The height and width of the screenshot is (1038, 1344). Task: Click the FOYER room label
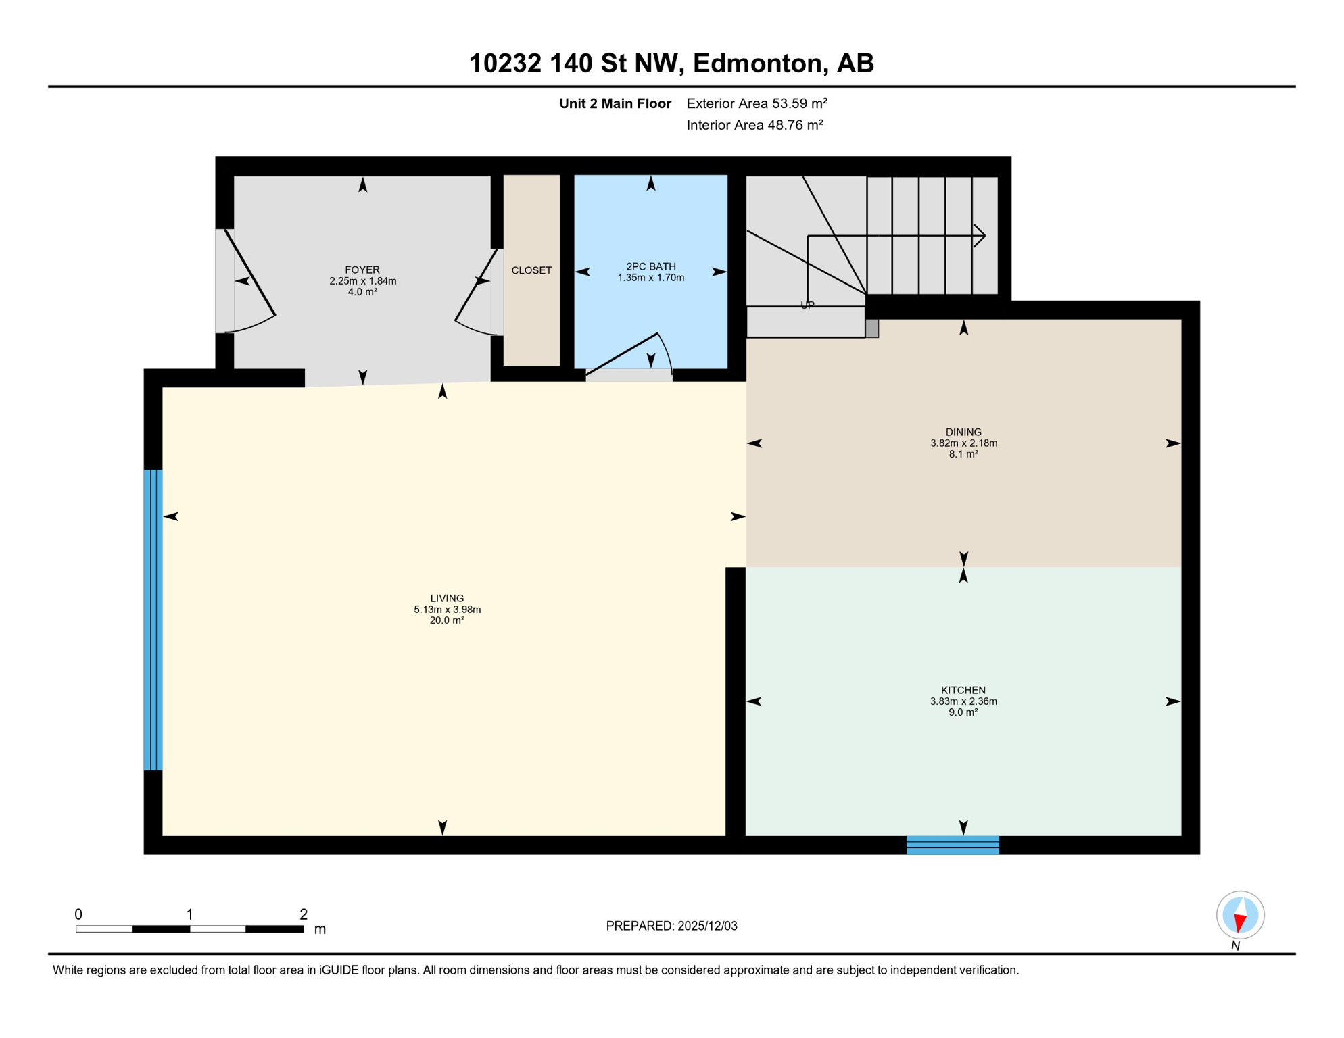click(x=362, y=270)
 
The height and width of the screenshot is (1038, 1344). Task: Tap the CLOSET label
click(x=531, y=270)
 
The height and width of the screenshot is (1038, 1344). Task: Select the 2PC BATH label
click(x=650, y=266)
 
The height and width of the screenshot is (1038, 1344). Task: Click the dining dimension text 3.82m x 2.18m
click(x=963, y=443)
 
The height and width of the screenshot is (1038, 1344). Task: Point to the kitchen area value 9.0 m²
click(x=963, y=712)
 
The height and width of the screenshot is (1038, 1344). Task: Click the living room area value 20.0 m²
click(x=447, y=620)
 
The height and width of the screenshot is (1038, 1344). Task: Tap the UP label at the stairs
click(x=807, y=305)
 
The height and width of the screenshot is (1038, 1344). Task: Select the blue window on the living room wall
click(x=153, y=620)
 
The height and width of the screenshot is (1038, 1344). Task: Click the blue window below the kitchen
click(x=953, y=845)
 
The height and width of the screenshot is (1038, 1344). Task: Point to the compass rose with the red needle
click(x=1240, y=915)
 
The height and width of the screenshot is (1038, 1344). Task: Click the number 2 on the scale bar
click(x=304, y=914)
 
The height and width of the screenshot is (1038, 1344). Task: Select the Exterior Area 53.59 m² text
click(x=757, y=103)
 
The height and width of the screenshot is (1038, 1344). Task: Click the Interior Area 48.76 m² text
click(x=754, y=125)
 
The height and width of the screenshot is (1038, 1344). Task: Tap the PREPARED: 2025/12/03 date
click(x=671, y=926)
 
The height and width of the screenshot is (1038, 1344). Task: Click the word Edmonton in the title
click(x=760, y=63)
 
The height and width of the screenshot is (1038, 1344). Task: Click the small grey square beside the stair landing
click(x=872, y=328)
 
